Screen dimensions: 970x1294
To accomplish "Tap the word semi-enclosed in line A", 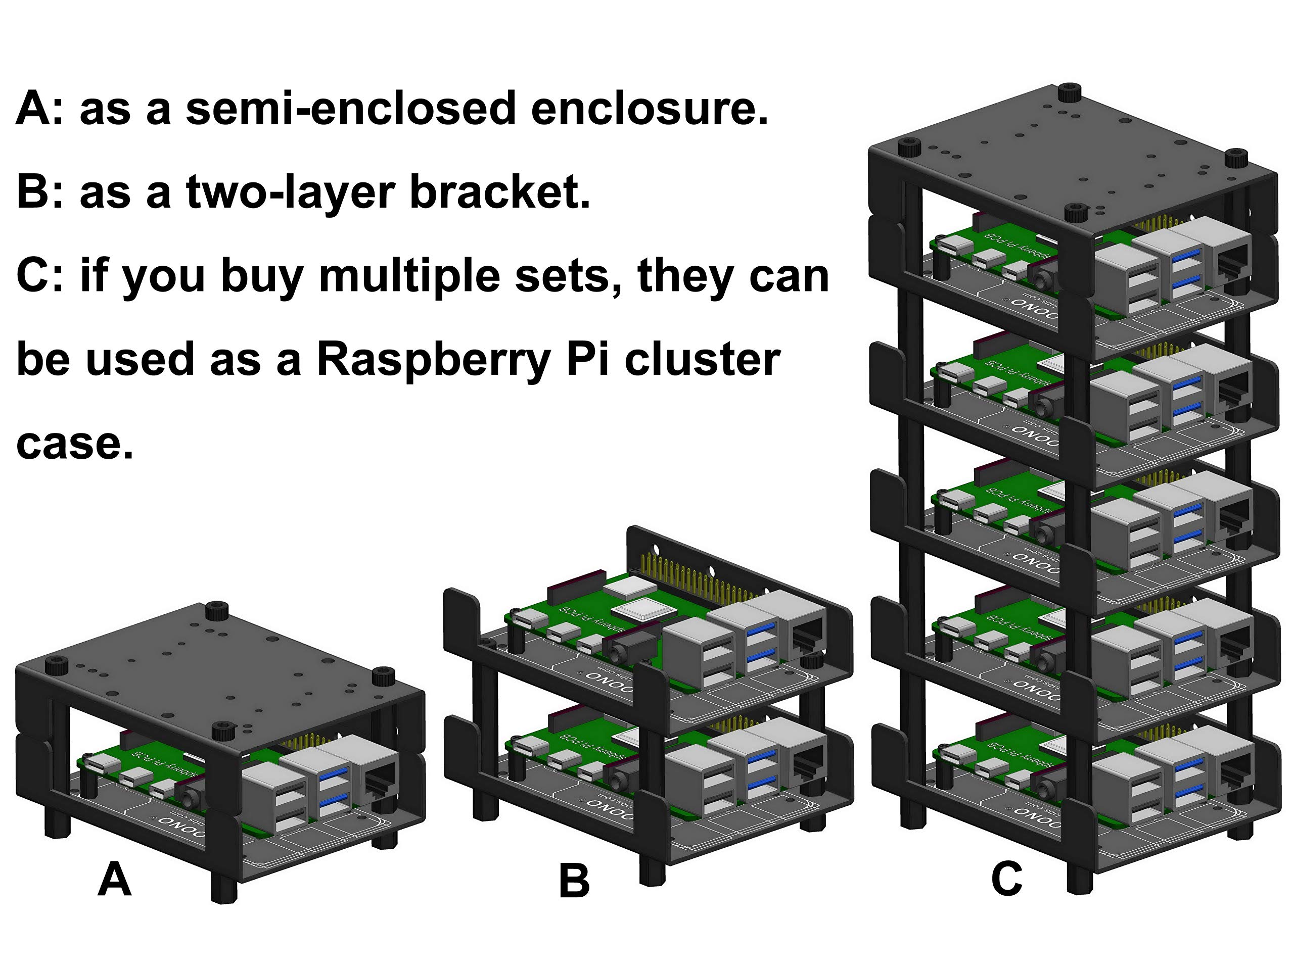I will click(x=350, y=109).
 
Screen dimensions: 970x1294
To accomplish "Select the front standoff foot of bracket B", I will click(x=652, y=867).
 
